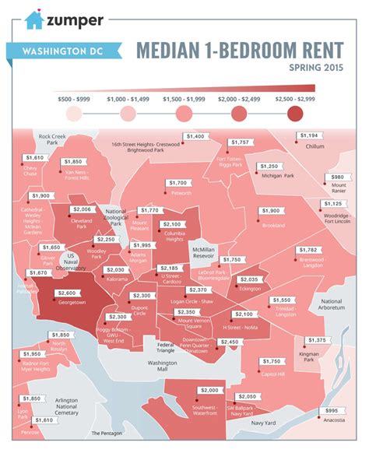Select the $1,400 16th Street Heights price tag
click(x=195, y=136)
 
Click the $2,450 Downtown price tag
click(x=230, y=342)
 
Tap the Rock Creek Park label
click(x=51, y=140)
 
